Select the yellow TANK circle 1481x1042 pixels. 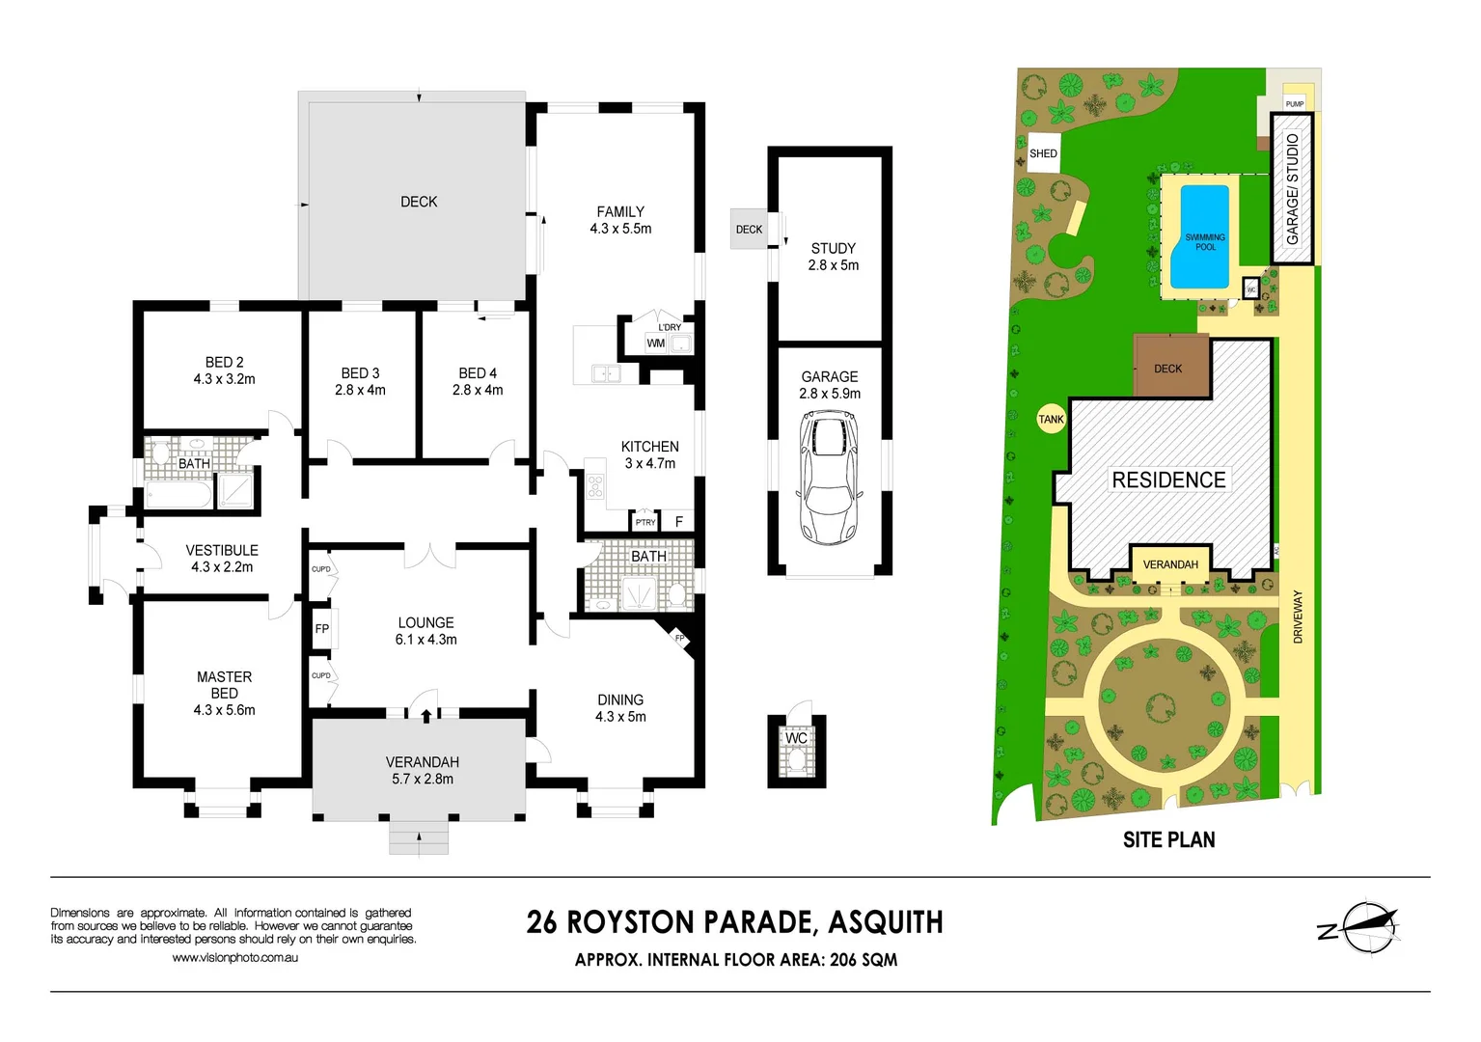[x=1052, y=419]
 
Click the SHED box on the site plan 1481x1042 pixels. [x=1043, y=153]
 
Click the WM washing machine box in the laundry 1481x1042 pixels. [x=655, y=343]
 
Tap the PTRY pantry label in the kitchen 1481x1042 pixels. [x=645, y=522]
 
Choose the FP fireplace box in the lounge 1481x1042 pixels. [x=322, y=629]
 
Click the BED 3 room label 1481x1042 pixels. [x=360, y=373]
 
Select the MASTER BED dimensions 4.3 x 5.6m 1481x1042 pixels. [x=224, y=710]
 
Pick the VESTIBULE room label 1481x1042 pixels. [x=222, y=550]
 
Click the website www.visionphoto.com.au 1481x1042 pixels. [x=234, y=957]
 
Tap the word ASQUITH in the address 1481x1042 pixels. [x=886, y=922]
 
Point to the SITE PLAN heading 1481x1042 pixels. [x=1169, y=839]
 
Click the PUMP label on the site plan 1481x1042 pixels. [x=1295, y=104]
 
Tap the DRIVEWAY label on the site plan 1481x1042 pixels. [x=1298, y=617]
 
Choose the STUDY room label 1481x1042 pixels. [x=833, y=249]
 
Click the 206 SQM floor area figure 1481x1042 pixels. [x=864, y=960]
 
